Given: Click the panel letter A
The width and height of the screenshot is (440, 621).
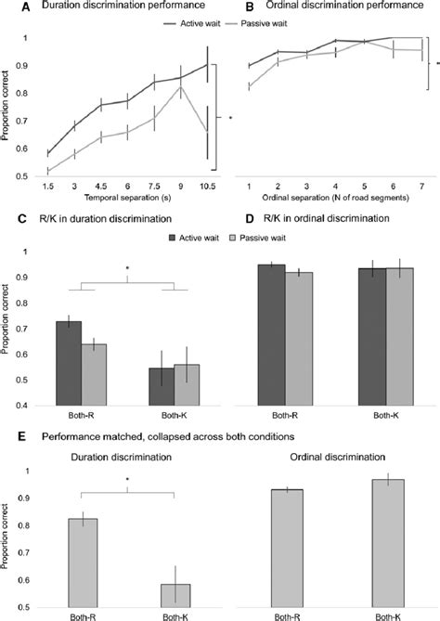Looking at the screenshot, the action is (x=25, y=6).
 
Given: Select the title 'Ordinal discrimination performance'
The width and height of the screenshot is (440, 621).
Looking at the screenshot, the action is (x=344, y=6).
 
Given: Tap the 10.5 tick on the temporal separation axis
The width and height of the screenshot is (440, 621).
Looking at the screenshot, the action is (x=207, y=187).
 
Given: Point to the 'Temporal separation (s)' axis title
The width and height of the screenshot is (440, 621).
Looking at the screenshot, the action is (x=127, y=197).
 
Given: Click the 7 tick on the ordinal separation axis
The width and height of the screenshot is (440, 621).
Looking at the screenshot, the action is (x=421, y=187).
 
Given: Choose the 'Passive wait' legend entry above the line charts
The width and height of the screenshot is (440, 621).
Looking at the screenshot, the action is (x=256, y=24).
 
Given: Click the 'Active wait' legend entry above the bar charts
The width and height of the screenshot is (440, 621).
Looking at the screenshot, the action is (x=194, y=238).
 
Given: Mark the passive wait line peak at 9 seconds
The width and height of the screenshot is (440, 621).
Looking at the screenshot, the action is (x=181, y=86).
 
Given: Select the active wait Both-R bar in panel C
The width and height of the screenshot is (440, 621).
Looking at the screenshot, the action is (x=69, y=364).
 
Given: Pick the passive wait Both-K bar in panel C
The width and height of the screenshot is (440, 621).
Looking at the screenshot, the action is (x=187, y=385).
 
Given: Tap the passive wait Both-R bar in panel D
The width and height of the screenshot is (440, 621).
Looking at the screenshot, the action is (x=299, y=339).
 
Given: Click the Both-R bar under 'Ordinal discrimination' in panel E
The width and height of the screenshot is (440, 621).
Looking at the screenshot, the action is (x=289, y=549).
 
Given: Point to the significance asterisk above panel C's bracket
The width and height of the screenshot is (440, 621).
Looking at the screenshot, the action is (x=127, y=268).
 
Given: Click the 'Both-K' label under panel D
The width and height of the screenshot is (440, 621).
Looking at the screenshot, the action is (x=385, y=416).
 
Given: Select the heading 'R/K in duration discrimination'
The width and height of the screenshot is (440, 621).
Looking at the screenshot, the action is (x=105, y=219).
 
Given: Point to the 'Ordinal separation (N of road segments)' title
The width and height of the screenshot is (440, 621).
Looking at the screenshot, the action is (x=335, y=197).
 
